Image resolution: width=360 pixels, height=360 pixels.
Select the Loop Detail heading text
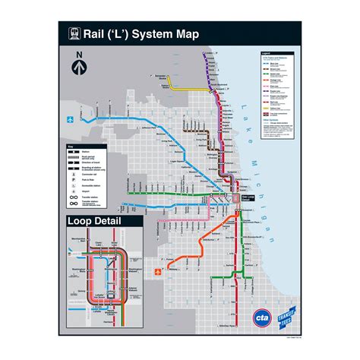pyautogui.click(x=93, y=222)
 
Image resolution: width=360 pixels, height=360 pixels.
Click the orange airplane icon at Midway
pyautogui.click(x=157, y=271)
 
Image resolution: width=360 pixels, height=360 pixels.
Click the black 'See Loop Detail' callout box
pyautogui.click(x=248, y=198)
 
